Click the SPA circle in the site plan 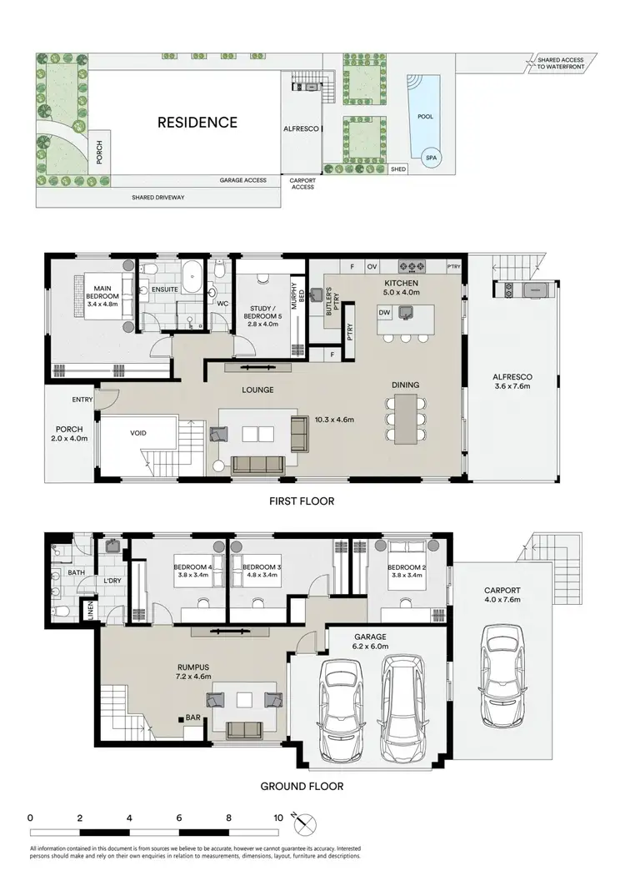[x=431, y=157]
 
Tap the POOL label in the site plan [x=425, y=117]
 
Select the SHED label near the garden [x=398, y=169]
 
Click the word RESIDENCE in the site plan [x=197, y=123]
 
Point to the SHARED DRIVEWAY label [x=158, y=198]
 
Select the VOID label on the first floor [x=138, y=434]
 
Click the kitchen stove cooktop [x=411, y=267]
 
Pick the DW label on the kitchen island [x=384, y=312]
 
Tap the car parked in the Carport [x=502, y=664]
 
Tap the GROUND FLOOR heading [x=301, y=786]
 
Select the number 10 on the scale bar [x=277, y=818]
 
